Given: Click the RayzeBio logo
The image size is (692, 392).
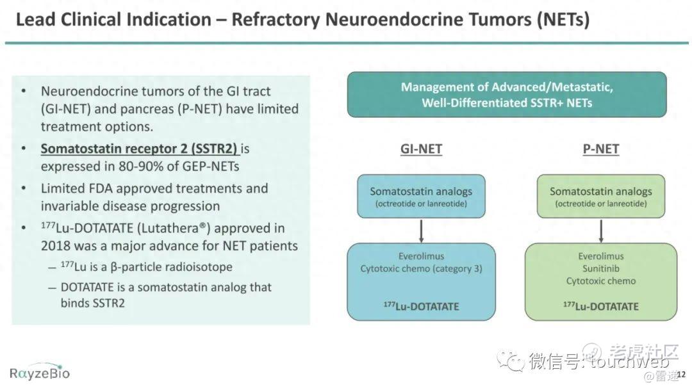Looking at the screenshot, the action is click(x=40, y=373).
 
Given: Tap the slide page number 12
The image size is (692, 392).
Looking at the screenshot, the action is click(x=681, y=374).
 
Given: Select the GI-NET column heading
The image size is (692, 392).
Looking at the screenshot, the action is click(x=421, y=149).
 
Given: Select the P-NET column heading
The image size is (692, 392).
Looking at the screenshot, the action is click(x=600, y=149).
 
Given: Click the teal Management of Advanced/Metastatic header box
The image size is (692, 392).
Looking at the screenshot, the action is click(x=507, y=95).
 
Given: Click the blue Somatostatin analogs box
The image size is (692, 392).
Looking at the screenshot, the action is click(x=421, y=196).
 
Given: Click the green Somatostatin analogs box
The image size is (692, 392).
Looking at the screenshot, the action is click(x=600, y=196).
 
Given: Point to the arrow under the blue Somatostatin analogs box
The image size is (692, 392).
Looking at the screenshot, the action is click(x=421, y=231).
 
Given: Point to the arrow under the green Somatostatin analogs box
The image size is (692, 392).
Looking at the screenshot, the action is click(x=600, y=231).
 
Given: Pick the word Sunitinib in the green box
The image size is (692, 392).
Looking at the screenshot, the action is click(x=600, y=268).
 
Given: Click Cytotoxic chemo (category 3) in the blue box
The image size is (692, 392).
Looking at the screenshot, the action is click(x=421, y=268).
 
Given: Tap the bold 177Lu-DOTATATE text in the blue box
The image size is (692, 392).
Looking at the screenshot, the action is click(x=421, y=306).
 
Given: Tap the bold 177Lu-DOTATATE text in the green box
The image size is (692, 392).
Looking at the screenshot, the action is click(x=600, y=306).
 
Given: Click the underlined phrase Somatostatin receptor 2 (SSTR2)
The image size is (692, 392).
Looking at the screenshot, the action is click(x=139, y=149).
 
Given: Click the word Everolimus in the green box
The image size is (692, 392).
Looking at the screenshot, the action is click(x=600, y=256).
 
